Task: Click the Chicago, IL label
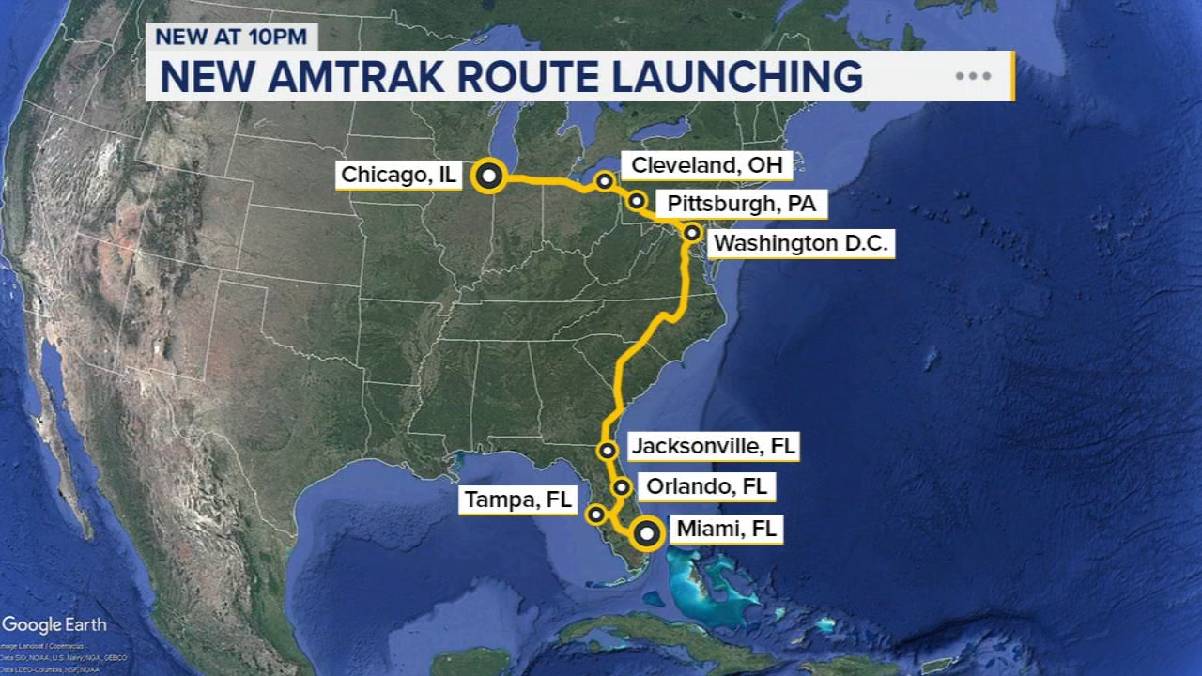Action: point(398,175)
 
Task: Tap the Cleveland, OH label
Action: point(706,165)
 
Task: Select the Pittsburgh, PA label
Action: point(741,203)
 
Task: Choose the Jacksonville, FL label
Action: point(713,446)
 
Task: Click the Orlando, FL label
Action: point(706,486)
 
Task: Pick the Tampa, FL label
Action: point(517,499)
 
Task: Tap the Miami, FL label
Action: point(726,530)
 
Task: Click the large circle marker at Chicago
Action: point(488,177)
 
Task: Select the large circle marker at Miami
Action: point(646,534)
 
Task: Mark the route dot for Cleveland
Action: point(605,180)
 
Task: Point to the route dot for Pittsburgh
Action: point(637,200)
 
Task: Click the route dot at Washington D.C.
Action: point(692,232)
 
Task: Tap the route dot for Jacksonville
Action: point(608,451)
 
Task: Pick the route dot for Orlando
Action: point(622,486)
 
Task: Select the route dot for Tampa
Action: point(596,514)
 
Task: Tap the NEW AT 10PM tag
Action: point(232,37)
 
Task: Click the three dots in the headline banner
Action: point(973,76)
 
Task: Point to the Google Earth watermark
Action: point(54,625)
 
